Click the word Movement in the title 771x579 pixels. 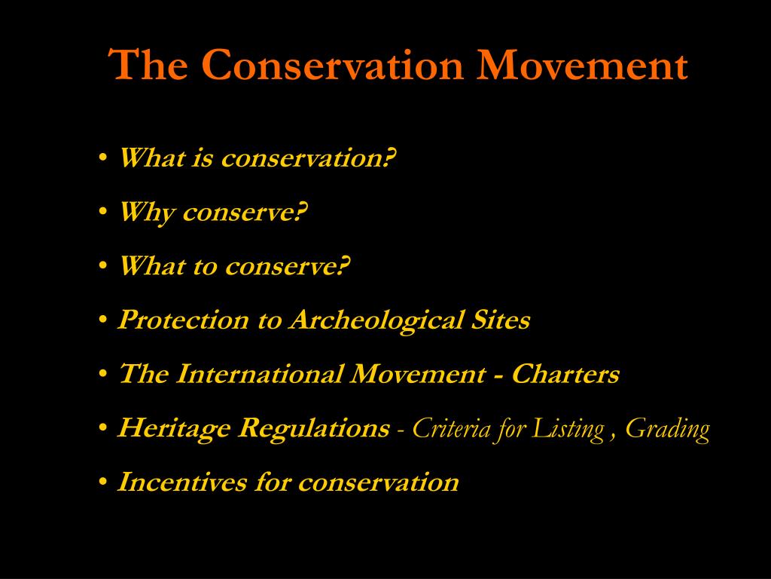[584, 65]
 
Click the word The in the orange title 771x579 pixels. [148, 65]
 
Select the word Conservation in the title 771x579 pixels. [331, 65]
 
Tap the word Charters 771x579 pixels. [565, 374]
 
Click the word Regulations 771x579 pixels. [314, 429]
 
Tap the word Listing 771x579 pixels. [568, 429]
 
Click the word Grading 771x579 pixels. [668, 429]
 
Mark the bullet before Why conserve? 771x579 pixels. [102, 214]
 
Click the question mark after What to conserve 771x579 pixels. [345, 266]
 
